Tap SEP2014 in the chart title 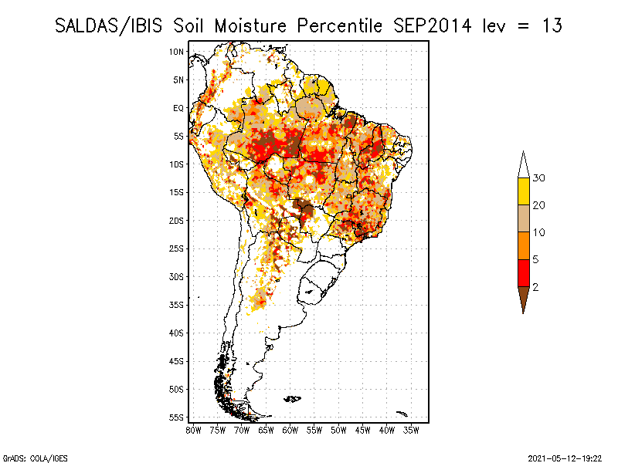(430, 25)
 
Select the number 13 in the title (551, 25)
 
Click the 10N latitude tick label (176, 52)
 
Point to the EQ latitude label (178, 108)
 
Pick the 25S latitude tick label (176, 248)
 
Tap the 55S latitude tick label (176, 417)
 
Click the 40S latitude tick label (176, 333)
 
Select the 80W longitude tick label (194, 430)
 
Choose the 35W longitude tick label (412, 430)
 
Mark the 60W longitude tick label (290, 430)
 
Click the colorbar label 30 (539, 178)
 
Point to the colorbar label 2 (535, 287)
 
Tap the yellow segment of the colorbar (523, 191)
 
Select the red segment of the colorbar (523, 272)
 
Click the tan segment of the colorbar (523, 218)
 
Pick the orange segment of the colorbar (523, 245)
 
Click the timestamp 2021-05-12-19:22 (565, 458)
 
